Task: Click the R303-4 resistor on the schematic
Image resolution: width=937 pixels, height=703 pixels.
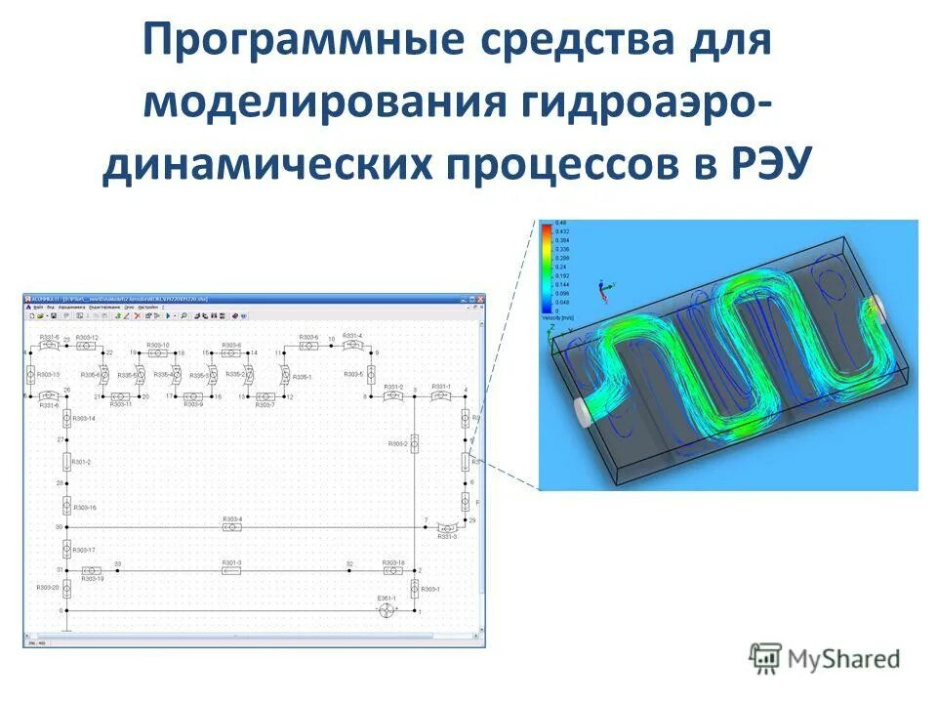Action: pos(231,526)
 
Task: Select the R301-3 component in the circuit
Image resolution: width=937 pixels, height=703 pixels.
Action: pos(231,570)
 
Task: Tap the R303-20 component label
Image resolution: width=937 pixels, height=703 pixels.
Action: pos(48,588)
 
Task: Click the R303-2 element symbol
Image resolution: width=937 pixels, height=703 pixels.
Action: pos(414,444)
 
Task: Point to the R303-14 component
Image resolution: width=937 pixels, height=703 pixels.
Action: pos(66,419)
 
